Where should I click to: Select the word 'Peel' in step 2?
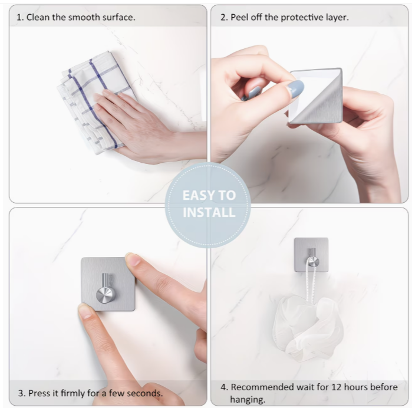[x=239, y=17]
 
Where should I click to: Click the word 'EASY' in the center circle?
[x=196, y=195]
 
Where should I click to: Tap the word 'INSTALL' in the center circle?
[x=209, y=212]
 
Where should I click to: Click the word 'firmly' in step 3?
[x=72, y=393]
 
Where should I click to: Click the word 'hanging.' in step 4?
[x=248, y=400]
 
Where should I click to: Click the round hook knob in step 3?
[x=106, y=295]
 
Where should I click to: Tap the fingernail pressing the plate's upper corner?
[x=133, y=259]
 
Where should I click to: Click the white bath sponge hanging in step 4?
[x=308, y=326]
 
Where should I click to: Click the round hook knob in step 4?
[x=314, y=262]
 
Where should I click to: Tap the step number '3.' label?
[x=22, y=393]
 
